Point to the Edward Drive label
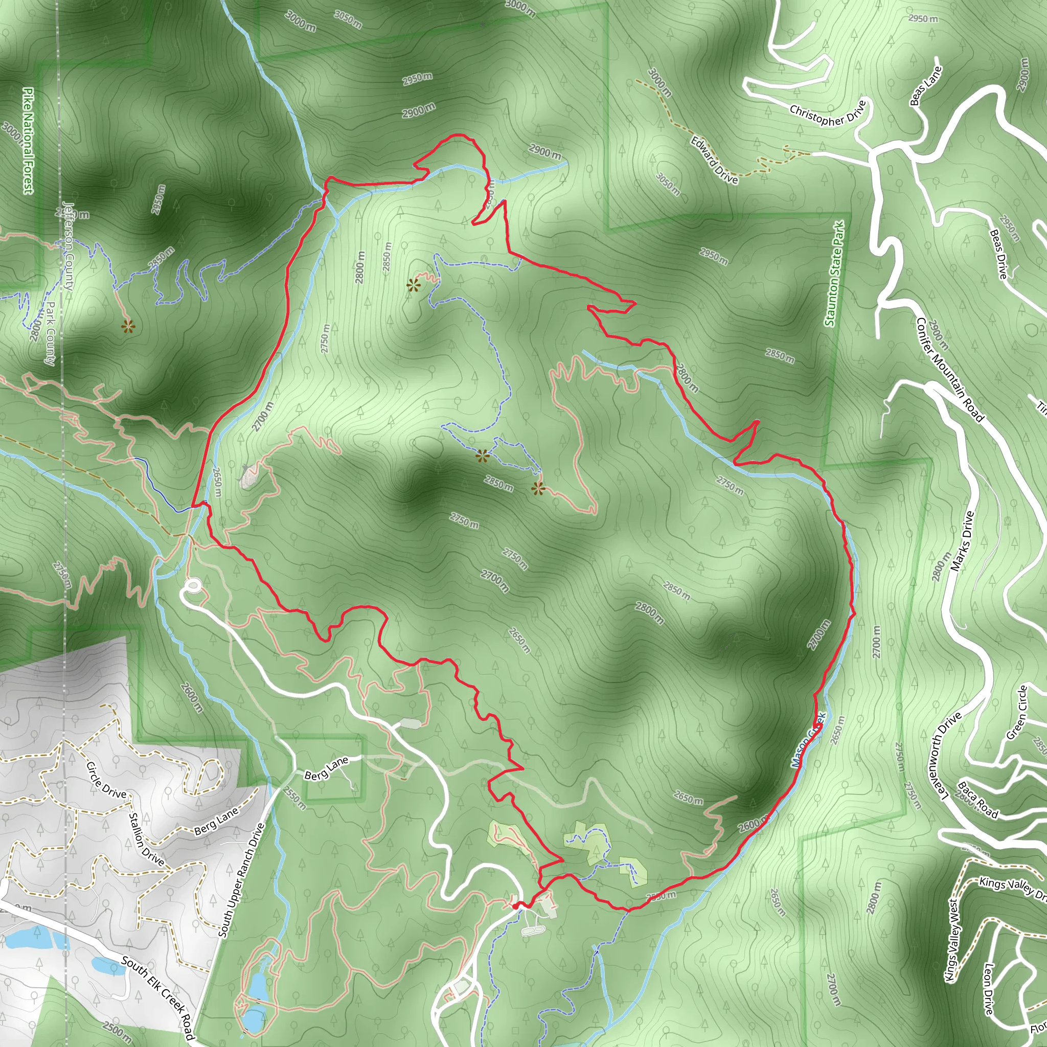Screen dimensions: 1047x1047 [x=714, y=160]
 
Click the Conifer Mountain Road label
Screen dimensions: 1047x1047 [x=949, y=370]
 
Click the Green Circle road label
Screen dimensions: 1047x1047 [x=1017, y=713]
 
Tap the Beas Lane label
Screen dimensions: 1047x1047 [x=926, y=85]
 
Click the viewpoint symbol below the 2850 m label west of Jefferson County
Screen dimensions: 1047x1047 [x=128, y=326]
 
